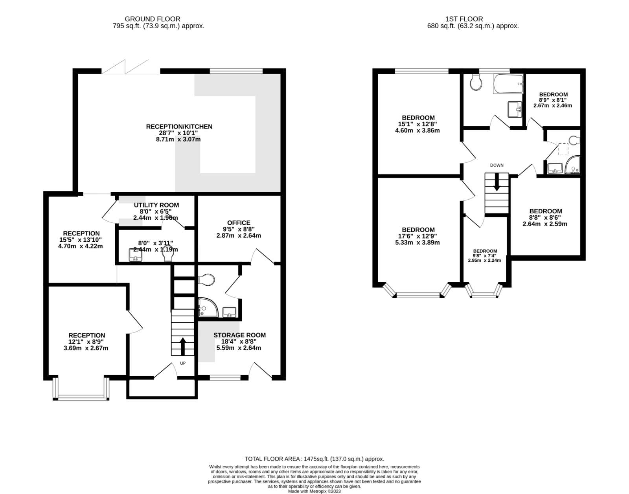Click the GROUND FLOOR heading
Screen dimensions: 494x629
click(152, 19)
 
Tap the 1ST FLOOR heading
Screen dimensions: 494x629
click(464, 19)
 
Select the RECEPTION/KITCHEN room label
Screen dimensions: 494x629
click(179, 127)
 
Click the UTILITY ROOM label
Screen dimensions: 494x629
click(156, 205)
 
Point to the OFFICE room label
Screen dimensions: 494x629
click(238, 223)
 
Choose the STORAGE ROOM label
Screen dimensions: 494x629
click(239, 335)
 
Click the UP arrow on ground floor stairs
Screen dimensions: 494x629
click(183, 346)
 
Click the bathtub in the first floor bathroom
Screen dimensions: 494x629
click(508, 84)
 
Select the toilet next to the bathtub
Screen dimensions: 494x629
click(476, 83)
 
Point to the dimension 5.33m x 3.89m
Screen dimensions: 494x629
click(418, 242)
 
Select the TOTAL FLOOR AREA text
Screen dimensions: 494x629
click(314, 459)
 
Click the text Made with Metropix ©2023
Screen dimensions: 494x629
click(314, 491)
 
